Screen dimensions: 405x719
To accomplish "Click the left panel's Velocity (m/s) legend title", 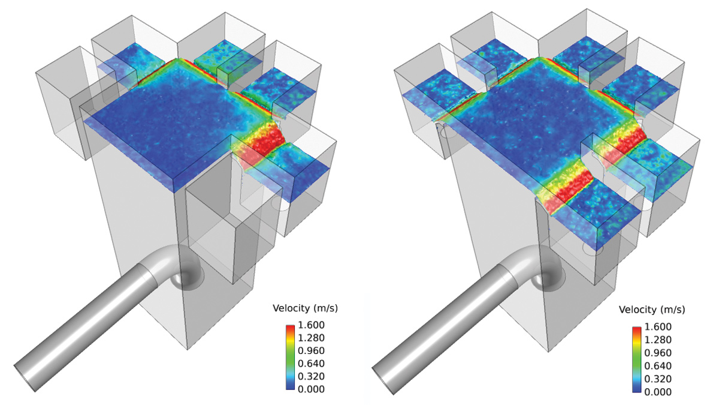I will pyautogui.click(x=305, y=308).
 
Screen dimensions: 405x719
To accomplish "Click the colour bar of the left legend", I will pyautogui.click(x=290, y=358).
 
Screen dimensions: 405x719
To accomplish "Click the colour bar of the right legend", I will pyautogui.click(x=636, y=360).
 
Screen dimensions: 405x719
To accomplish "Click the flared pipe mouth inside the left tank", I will pyautogui.click(x=187, y=277).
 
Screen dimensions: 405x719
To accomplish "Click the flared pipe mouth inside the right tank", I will pyautogui.click(x=546, y=280).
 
